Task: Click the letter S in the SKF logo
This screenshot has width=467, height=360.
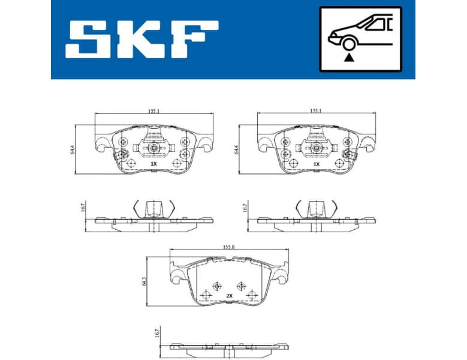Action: pyautogui.click(x=91, y=41)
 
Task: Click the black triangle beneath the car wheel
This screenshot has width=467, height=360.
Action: pyautogui.click(x=348, y=58)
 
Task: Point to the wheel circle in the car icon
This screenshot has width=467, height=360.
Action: pyautogui.click(x=348, y=43)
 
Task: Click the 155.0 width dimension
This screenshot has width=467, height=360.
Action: pyautogui.click(x=228, y=245)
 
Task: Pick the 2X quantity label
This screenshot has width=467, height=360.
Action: pyautogui.click(x=230, y=296)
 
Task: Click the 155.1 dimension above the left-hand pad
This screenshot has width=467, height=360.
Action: pyautogui.click(x=155, y=111)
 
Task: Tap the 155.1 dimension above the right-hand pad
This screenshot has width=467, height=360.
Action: pyautogui.click(x=317, y=111)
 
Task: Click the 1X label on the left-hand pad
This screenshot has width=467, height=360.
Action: pyautogui.click(x=153, y=163)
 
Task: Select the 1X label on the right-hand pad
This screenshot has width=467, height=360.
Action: pyautogui.click(x=316, y=163)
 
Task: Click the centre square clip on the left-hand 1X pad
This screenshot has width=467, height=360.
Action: pyautogui.click(x=154, y=148)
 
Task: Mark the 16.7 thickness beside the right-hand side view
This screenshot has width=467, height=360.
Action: pyautogui.click(x=245, y=208)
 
